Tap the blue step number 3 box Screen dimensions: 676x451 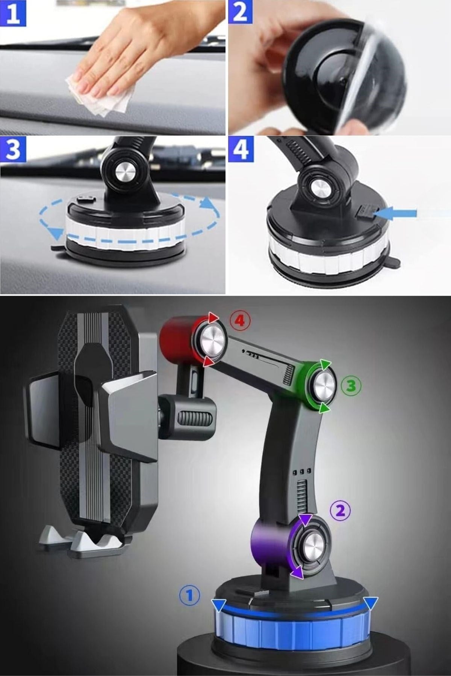[13, 149]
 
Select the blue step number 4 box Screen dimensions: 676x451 [241, 149]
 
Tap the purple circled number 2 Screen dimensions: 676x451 [340, 510]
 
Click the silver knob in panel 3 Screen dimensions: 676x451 [124, 174]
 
